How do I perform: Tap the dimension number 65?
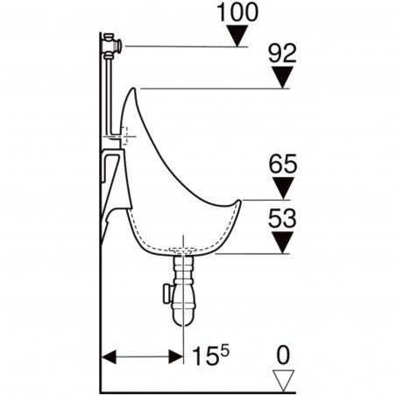280,164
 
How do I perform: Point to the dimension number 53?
280,217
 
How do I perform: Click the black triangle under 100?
235,36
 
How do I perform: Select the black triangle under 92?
280,78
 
